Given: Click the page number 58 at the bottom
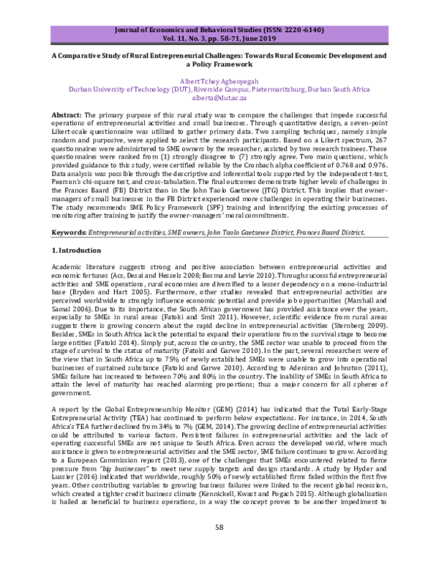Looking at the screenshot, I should (219, 546).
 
